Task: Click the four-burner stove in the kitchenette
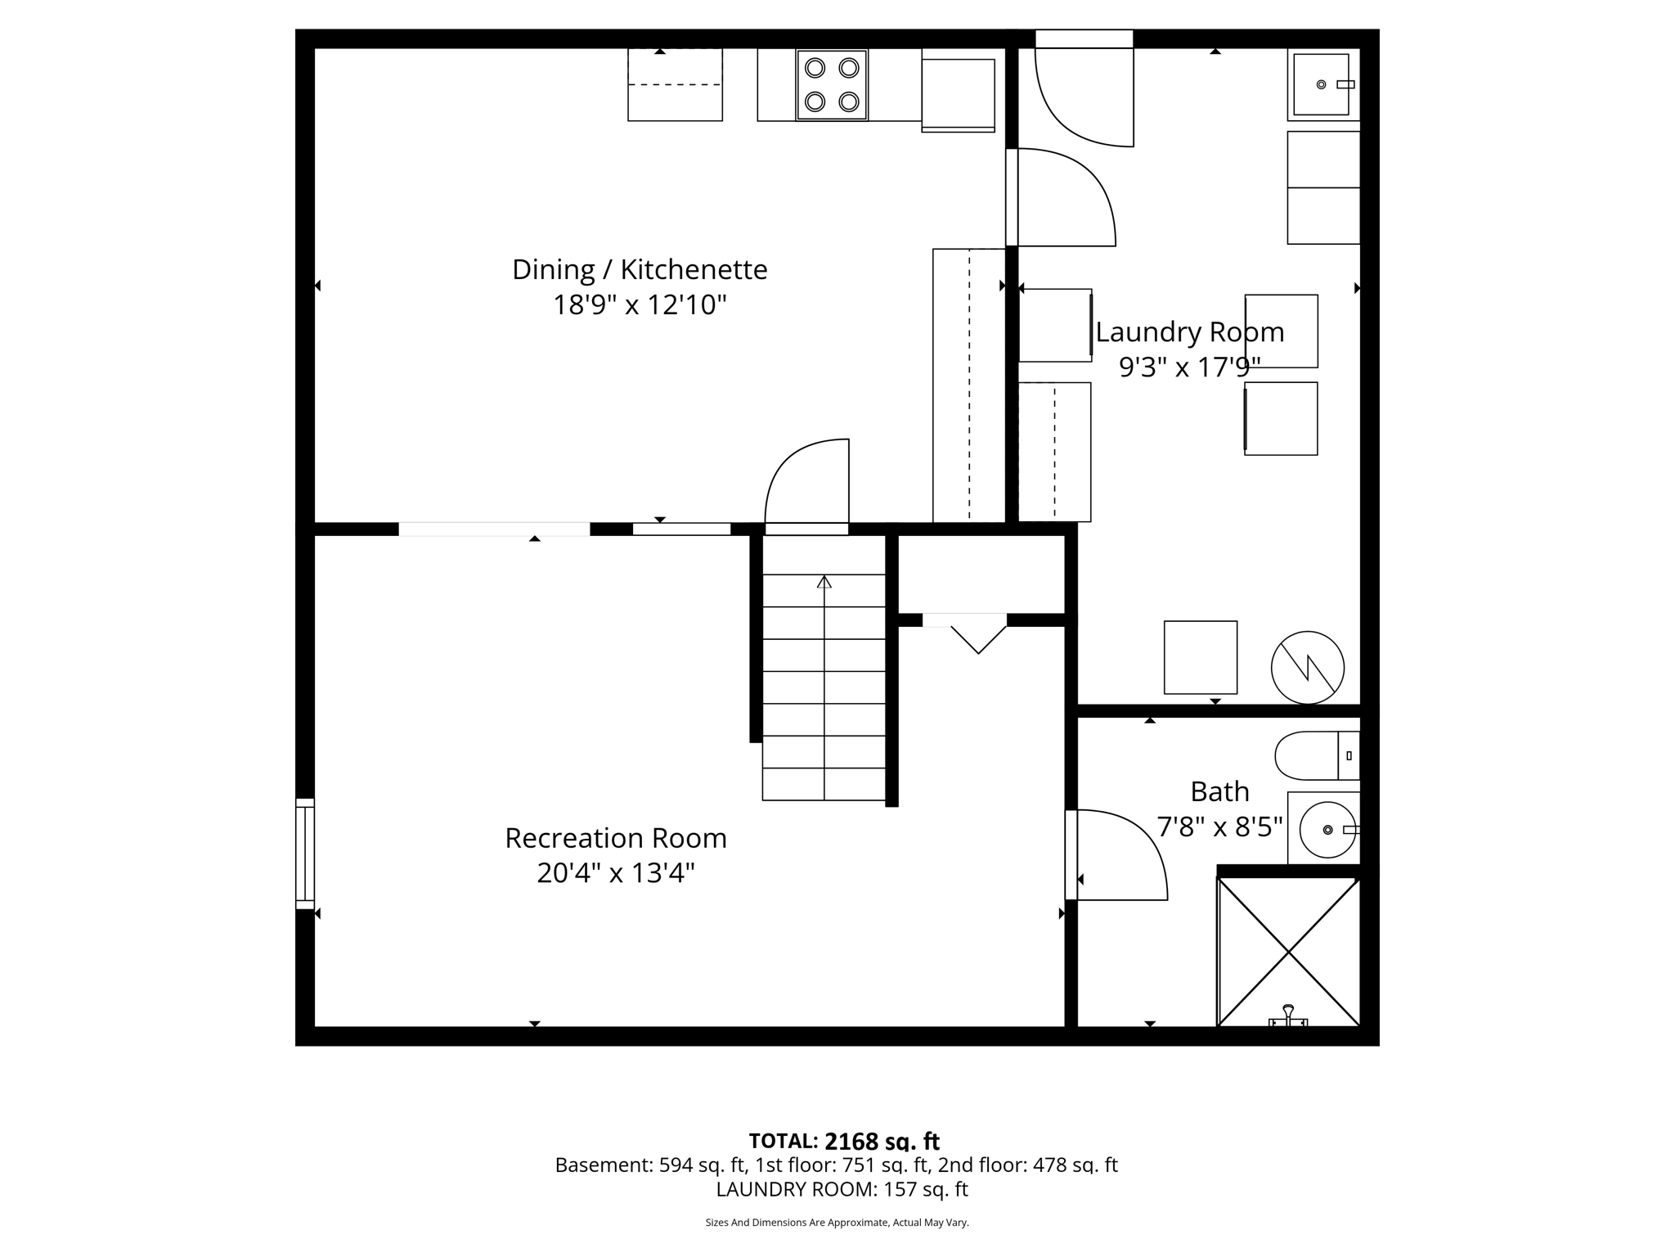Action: (832, 85)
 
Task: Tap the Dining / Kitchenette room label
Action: (640, 269)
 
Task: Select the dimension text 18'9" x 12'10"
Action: (640, 305)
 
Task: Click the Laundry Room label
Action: (1189, 332)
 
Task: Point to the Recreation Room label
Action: (615, 838)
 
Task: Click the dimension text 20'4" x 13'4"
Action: (615, 873)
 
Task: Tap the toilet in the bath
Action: (1315, 755)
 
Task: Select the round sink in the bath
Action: (1327, 830)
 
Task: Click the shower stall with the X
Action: (1288, 952)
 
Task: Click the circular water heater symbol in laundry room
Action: (1307, 668)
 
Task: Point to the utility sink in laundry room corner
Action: (1322, 85)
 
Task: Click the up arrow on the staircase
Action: (824, 583)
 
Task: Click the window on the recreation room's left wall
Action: (304, 854)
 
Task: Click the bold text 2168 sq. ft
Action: (882, 1141)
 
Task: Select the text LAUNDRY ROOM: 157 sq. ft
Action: (842, 1189)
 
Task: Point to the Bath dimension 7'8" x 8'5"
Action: (1219, 827)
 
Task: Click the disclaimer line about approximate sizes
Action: (837, 1223)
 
